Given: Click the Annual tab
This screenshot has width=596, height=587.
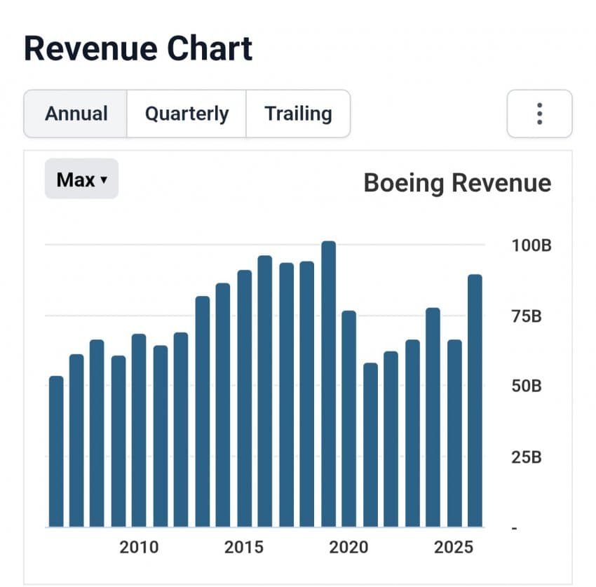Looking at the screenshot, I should tap(76, 114).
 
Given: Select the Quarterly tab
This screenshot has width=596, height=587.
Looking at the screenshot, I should tap(187, 114).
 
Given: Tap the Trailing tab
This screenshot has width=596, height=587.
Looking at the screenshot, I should tap(298, 114).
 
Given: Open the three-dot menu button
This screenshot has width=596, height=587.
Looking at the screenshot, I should tap(539, 114).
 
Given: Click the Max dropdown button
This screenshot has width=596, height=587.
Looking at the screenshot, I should tap(81, 180).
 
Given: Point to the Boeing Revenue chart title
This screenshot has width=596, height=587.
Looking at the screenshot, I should tap(457, 183).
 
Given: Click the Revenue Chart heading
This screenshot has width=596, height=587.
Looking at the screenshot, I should tap(138, 48).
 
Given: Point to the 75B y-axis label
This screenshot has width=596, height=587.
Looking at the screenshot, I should tap(526, 316).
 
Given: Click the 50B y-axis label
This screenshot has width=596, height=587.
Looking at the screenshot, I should tap(526, 386).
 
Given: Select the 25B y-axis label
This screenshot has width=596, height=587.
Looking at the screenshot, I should tap(526, 457).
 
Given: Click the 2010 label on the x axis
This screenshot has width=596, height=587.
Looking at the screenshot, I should tap(139, 547).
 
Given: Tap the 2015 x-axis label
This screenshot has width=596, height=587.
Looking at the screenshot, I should tap(244, 547).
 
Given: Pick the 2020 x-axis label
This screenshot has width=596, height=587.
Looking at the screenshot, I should tap(349, 547).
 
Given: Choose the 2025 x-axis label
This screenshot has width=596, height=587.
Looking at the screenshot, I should tap(454, 547).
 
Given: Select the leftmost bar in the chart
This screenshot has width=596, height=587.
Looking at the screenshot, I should tap(56, 452).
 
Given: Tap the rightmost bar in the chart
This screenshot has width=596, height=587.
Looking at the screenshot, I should tap(475, 400).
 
